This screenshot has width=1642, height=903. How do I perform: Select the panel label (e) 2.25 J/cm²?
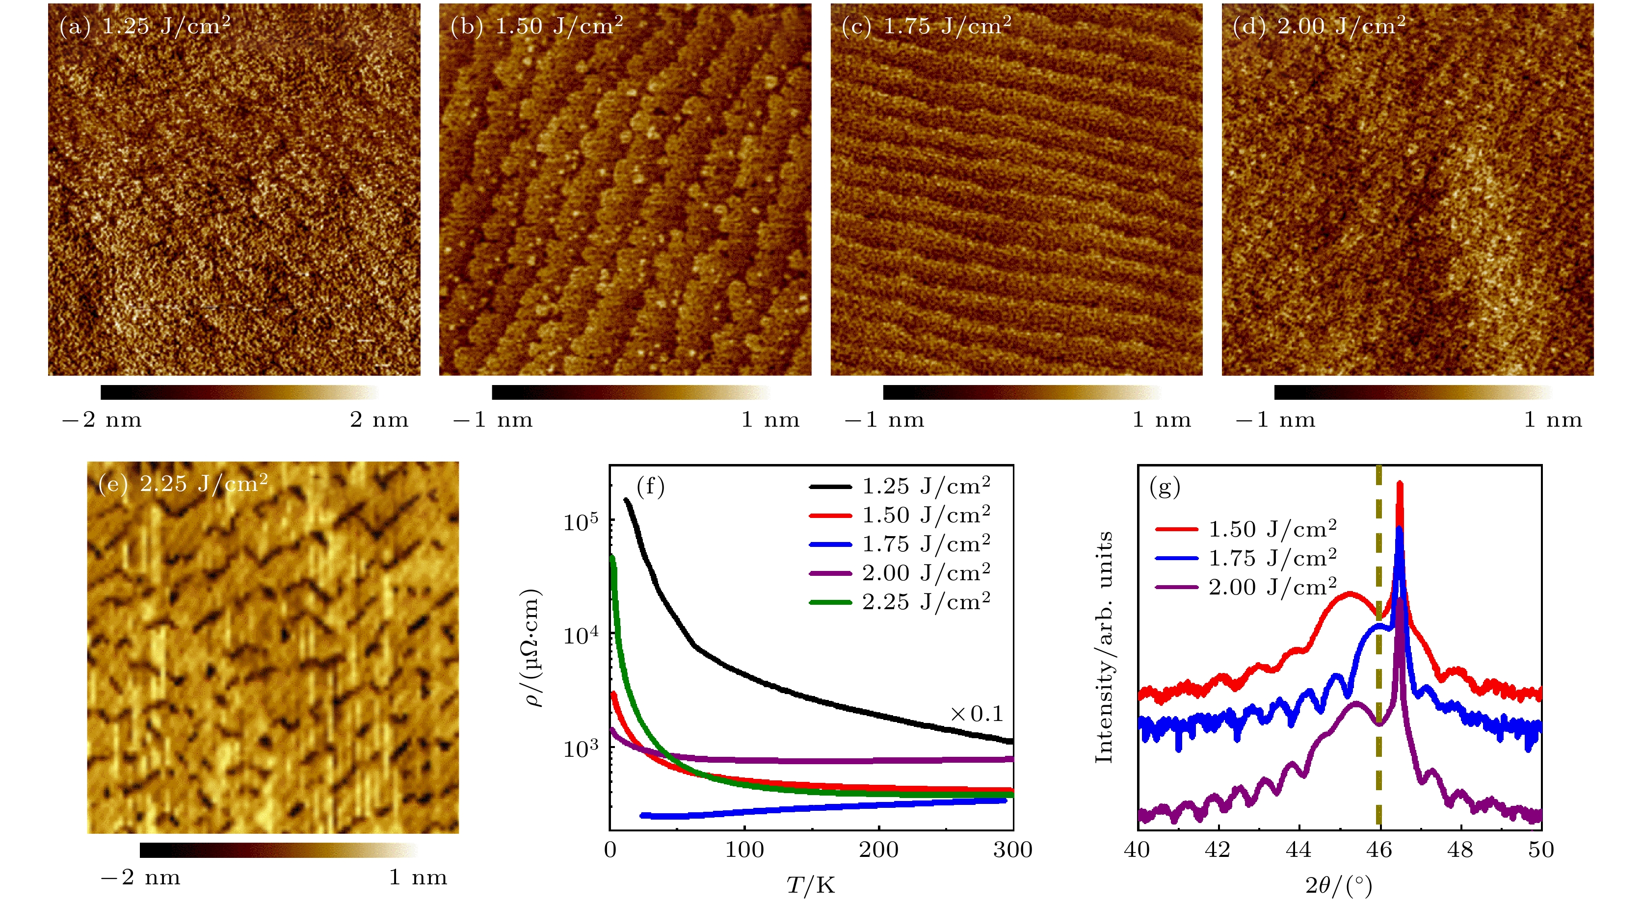183,484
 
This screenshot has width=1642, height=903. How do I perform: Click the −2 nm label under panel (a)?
102,420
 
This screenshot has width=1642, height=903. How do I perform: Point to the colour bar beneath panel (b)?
631,392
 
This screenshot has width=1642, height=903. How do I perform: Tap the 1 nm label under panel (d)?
1553,420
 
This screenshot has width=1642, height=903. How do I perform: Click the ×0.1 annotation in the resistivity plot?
977,714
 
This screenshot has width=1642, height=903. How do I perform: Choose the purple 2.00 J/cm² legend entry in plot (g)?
1245,587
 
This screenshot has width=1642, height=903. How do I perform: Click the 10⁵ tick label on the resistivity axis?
581,522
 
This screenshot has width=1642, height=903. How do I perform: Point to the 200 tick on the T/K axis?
878,850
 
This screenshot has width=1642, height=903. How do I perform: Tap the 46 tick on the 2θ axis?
1379,850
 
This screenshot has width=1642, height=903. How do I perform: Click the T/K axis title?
810,885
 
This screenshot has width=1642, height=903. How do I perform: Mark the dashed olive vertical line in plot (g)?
1379,765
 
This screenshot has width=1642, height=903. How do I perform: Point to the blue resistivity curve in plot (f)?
829,807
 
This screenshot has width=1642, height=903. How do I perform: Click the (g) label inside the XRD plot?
1165,487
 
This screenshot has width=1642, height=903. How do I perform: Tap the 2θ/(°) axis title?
1339,885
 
